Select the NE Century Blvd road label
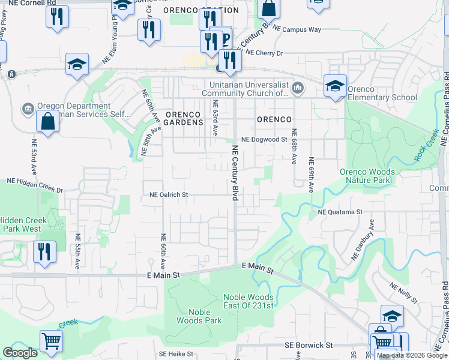click(x=235, y=171)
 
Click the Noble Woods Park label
click(x=199, y=316)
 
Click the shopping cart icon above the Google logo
click(x=52, y=341)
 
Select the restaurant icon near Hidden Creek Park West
click(x=44, y=251)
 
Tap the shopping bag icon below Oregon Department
click(x=47, y=122)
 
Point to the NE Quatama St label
click(x=340, y=212)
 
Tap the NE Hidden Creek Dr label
click(x=35, y=181)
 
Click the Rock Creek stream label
click(x=426, y=146)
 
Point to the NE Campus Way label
click(x=297, y=29)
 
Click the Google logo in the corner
click(x=20, y=353)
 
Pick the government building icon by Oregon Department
click(x=28, y=109)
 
